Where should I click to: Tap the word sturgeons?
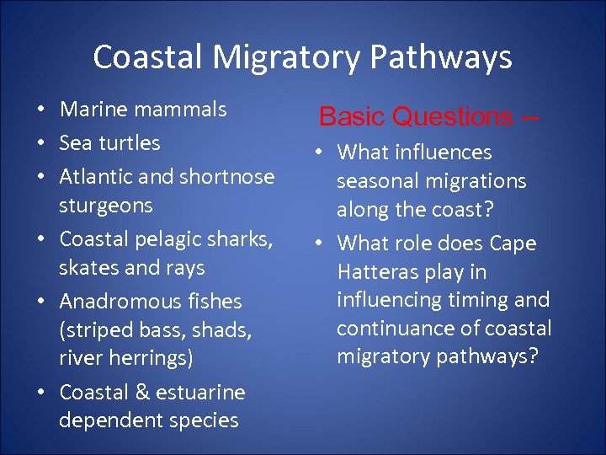click(x=106, y=206)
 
